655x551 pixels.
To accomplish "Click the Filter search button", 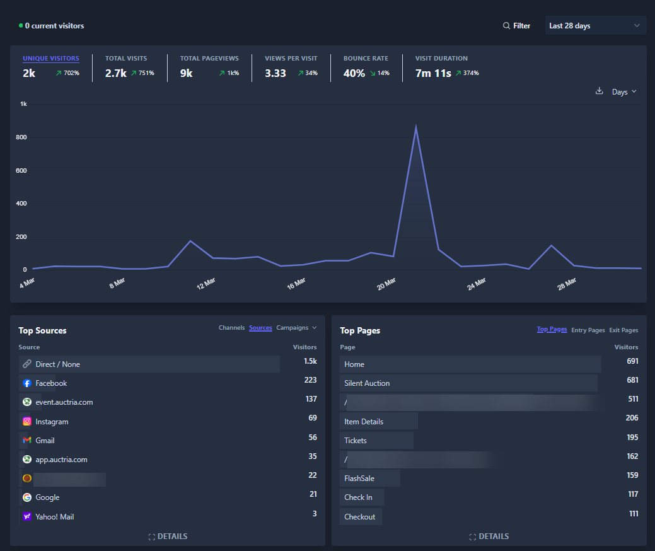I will (x=516, y=26).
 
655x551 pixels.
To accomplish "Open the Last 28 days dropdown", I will (x=595, y=26).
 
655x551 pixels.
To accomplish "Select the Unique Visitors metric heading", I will (x=51, y=59).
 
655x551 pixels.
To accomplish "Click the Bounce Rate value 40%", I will (x=354, y=73).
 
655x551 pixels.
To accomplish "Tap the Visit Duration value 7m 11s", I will (x=433, y=73).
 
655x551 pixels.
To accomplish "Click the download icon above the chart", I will (x=599, y=91).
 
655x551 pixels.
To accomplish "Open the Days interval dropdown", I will (x=624, y=92).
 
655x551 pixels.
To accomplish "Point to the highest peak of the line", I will (x=415, y=127).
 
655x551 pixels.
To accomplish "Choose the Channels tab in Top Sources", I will (x=231, y=328).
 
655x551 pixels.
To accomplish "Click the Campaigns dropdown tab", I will (x=296, y=328).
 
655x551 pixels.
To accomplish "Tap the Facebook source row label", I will (x=51, y=383).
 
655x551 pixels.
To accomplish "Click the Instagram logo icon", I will (x=27, y=422).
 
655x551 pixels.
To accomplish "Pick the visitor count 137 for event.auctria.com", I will (x=311, y=399).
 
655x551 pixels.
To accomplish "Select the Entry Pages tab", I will (x=588, y=330).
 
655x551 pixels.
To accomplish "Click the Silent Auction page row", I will (x=367, y=383).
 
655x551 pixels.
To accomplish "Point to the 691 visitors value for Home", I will (x=632, y=361).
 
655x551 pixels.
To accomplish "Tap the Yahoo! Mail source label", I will (x=55, y=517).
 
